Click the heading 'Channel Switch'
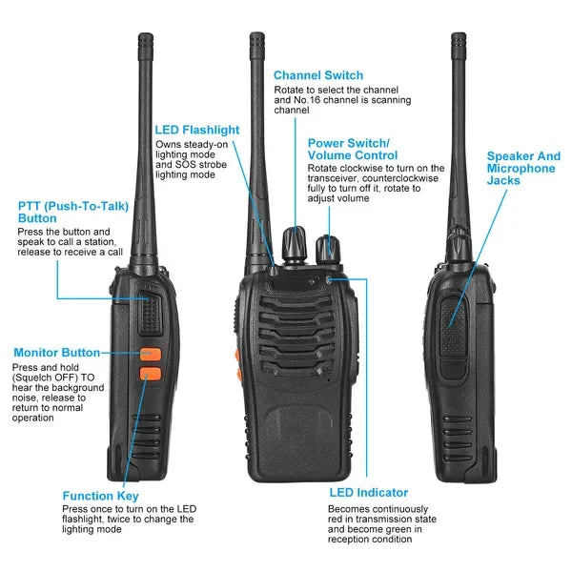pos(318,75)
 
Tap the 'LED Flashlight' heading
pos(197,130)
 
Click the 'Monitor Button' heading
pos(56,353)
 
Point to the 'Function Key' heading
pos(100,496)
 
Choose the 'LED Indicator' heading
pos(368,493)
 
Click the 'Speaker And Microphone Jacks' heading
pos(523,168)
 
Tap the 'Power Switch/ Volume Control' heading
pos(353,149)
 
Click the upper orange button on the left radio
pos(150,355)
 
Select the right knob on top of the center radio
pos(331,246)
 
